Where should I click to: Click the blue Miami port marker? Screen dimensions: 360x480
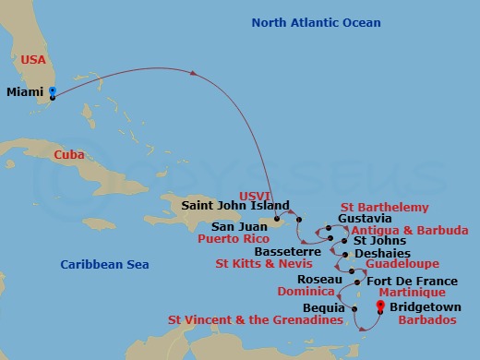(x=52, y=91)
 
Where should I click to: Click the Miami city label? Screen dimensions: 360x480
(x=25, y=92)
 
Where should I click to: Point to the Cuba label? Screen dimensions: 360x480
(x=70, y=155)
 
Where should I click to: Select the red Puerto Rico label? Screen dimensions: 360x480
(x=233, y=237)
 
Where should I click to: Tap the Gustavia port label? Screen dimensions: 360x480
(x=365, y=218)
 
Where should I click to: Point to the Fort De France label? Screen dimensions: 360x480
(x=412, y=281)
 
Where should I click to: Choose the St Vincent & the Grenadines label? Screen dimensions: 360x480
(x=256, y=320)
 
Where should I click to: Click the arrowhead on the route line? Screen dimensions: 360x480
(x=195, y=74)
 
